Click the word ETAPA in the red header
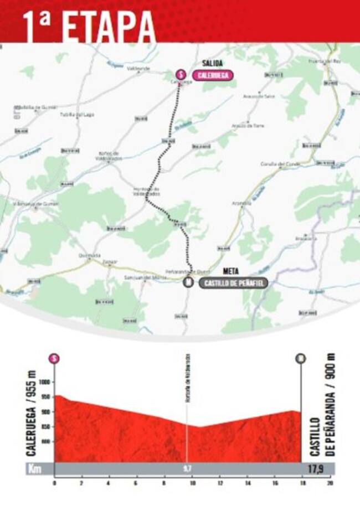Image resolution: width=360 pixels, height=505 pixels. click(x=109, y=25)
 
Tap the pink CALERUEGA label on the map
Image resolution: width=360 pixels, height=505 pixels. click(x=213, y=75)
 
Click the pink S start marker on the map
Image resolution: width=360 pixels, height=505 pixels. click(x=179, y=74)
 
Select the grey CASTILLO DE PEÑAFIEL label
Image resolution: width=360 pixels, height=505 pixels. click(x=233, y=283)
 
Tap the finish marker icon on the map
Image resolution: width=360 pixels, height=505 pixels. click(x=188, y=283)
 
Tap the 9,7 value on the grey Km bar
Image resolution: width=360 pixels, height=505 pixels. click(x=187, y=468)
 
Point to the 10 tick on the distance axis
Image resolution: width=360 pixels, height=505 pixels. click(x=192, y=483)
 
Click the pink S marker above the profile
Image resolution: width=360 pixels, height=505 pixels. click(x=54, y=358)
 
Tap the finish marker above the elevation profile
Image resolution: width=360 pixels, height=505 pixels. click(x=301, y=358)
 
